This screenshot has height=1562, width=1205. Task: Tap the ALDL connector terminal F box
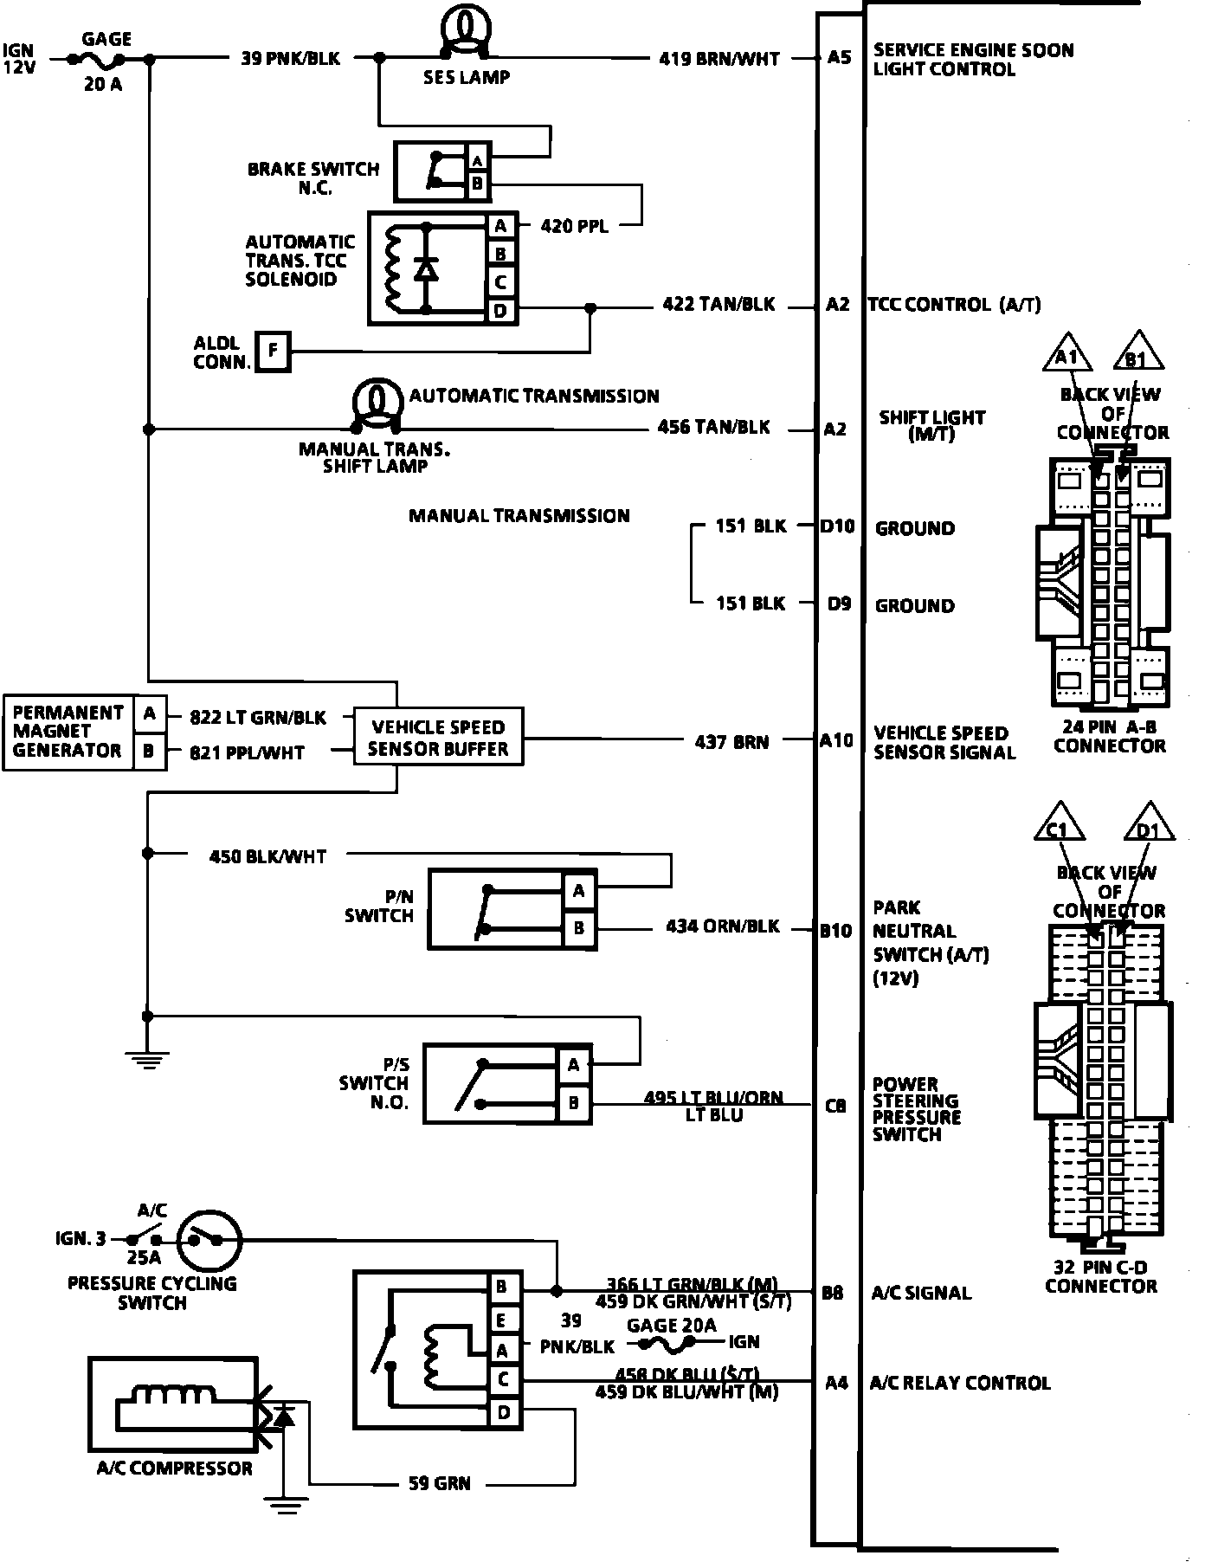273,351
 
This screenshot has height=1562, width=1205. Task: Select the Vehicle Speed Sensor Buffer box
438,738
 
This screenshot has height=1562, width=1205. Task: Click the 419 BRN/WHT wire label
719,59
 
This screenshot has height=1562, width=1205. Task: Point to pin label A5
839,58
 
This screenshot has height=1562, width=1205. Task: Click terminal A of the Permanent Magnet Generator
150,714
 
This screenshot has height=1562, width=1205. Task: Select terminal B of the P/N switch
579,929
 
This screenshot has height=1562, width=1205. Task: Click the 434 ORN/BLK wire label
723,926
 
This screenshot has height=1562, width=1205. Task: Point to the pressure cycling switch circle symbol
210,1239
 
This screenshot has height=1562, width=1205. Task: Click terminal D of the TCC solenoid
500,310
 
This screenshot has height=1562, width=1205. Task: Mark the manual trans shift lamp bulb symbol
377,403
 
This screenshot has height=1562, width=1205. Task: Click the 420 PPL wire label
574,226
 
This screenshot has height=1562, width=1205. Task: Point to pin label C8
835,1106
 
